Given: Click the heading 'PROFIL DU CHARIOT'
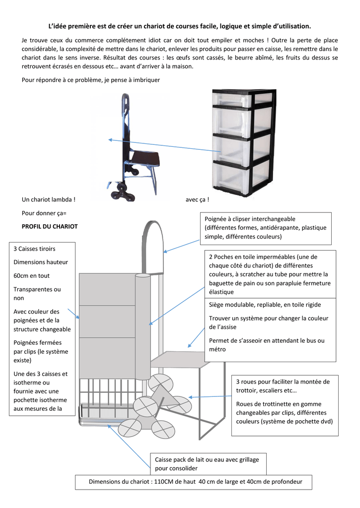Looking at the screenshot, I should click(x=50, y=226).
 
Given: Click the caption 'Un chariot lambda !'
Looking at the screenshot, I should click(x=49, y=199).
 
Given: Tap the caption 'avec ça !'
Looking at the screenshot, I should click(x=197, y=199).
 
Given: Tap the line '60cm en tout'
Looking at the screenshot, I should click(x=31, y=276).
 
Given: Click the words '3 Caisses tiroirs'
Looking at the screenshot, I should click(x=34, y=249).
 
